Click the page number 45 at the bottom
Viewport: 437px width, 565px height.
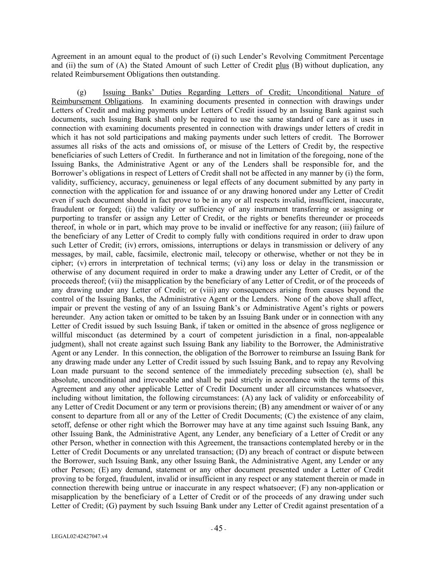point(218,529)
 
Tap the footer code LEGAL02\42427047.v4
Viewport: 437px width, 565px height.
point(80,536)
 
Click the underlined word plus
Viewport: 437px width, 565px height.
point(282,65)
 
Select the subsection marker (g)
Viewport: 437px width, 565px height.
point(82,92)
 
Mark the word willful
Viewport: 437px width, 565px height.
point(62,335)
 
